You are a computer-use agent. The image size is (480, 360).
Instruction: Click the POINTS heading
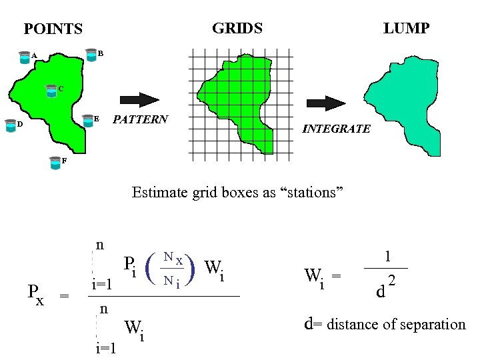(x=53, y=29)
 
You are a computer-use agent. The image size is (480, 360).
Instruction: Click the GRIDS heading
(x=237, y=28)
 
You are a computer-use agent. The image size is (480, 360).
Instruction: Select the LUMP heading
(x=406, y=28)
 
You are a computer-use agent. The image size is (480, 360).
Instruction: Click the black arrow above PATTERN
(x=139, y=100)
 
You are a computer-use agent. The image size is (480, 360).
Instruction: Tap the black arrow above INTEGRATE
(x=325, y=103)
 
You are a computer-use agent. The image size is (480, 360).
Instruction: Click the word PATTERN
(x=140, y=120)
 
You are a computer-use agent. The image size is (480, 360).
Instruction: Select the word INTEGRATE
(x=336, y=129)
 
